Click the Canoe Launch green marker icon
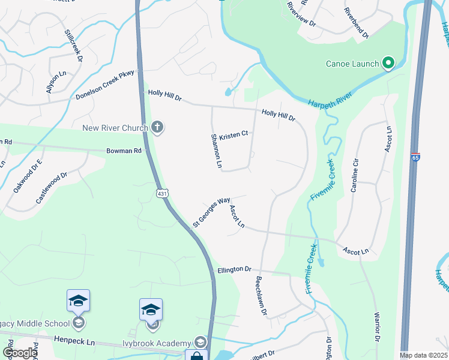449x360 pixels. coord(388,63)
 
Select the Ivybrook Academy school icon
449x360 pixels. coord(200,343)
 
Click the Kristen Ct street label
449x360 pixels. coord(234,134)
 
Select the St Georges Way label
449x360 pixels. coord(211,213)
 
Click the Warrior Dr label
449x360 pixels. coord(377,327)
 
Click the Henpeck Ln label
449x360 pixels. coord(74,342)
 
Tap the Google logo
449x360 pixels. coord(20,353)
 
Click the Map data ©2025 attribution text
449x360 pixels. coord(423,355)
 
